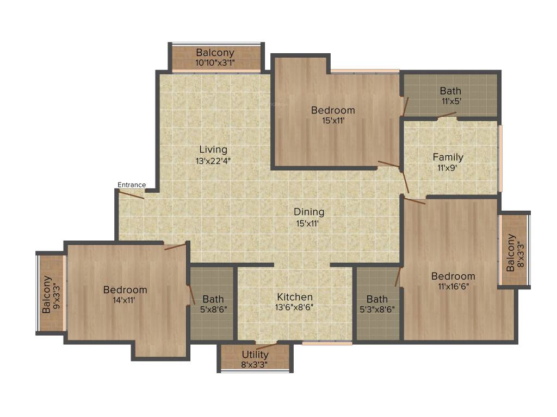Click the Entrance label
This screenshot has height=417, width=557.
(132, 185)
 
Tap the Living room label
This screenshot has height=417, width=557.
(213, 149)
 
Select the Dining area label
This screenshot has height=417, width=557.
(309, 212)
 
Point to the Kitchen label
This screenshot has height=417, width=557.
(295, 297)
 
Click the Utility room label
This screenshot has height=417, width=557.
(255, 355)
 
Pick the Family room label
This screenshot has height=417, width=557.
(448, 157)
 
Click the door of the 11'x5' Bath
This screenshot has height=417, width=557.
(447, 115)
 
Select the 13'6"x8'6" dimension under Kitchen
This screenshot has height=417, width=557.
(295, 307)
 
